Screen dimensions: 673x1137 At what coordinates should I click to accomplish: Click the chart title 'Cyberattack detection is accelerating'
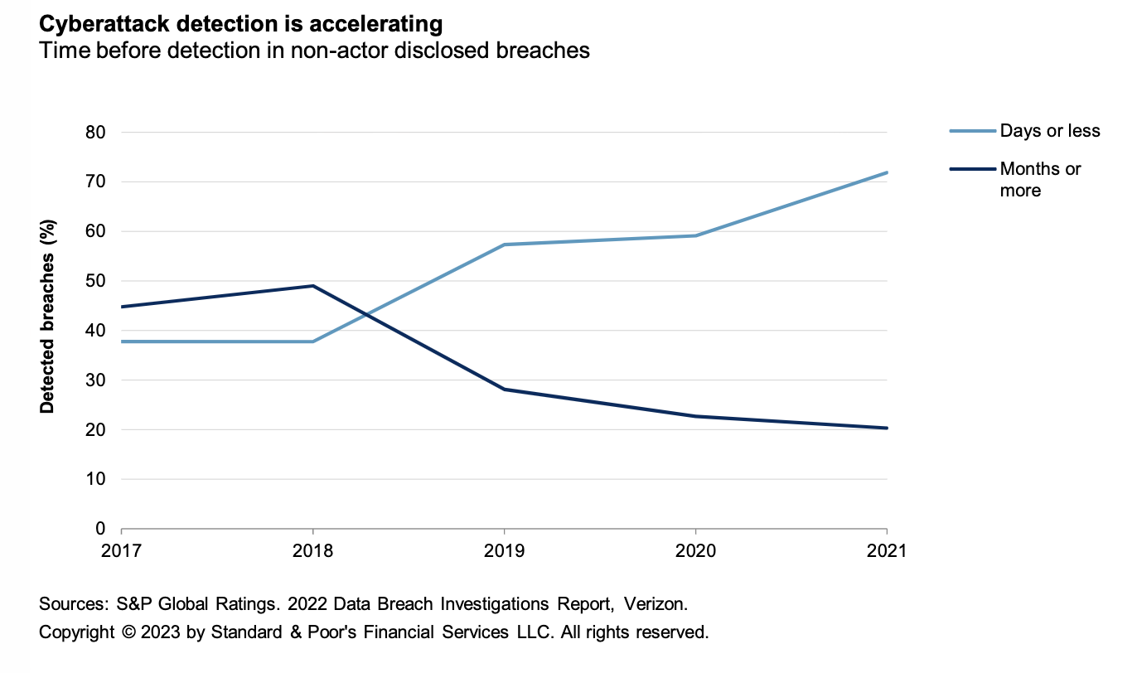(241, 22)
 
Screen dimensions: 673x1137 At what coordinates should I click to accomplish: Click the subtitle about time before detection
(314, 51)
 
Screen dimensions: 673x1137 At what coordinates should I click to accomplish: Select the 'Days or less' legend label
(1050, 131)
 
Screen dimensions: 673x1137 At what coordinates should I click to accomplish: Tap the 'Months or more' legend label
(1040, 179)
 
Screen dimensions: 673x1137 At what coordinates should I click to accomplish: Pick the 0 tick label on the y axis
(100, 529)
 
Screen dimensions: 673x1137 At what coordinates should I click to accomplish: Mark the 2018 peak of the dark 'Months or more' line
(312, 286)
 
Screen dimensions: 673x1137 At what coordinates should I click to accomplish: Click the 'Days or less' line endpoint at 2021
(887, 172)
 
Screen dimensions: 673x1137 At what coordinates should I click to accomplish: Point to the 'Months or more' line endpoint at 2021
(887, 428)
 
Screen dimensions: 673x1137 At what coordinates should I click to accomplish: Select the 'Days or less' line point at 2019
(504, 245)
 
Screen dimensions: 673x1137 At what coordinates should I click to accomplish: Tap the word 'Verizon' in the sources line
(657, 603)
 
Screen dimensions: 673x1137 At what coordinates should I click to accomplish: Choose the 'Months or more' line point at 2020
(695, 416)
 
